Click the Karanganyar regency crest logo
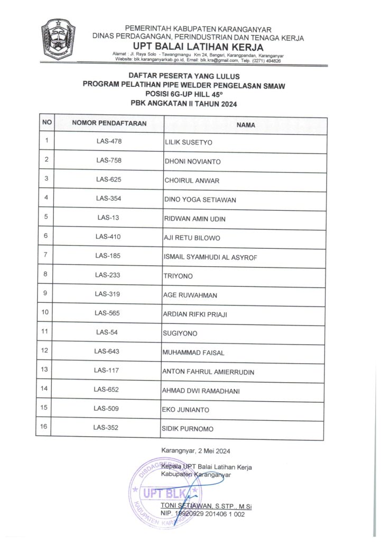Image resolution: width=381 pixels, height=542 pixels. tap(58, 41)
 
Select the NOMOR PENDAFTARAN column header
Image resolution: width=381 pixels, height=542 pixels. tap(109, 124)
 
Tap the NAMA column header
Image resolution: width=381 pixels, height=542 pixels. tap(246, 125)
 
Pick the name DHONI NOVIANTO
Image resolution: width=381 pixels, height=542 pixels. tap(193, 161)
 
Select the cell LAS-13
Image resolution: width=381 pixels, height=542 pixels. tap(108, 217)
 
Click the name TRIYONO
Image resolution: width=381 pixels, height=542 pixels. tap(179, 276)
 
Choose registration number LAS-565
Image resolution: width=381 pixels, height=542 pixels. tap(107, 313)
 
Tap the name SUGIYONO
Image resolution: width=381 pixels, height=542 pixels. tap(180, 334)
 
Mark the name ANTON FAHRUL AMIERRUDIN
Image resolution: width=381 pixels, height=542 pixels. tap(208, 372)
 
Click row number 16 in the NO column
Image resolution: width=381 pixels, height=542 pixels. tap(44, 427)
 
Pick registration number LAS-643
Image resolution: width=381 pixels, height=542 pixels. tap(107, 351)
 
